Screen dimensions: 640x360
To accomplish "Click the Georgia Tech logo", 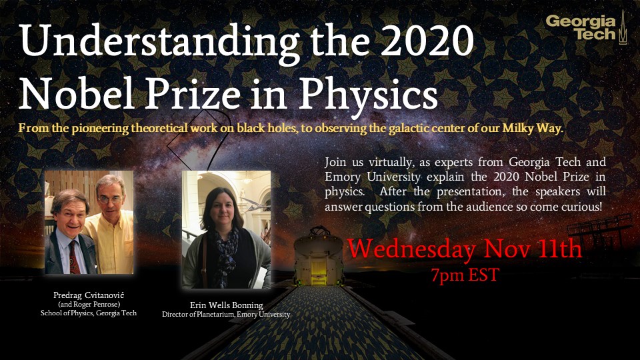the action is (x=586, y=27).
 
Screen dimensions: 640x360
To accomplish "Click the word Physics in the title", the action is (x=368, y=94).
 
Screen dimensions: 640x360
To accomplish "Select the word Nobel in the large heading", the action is (x=77, y=93).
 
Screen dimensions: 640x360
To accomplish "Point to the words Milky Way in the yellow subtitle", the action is (x=533, y=128).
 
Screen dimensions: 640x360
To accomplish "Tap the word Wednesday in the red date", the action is (x=411, y=249).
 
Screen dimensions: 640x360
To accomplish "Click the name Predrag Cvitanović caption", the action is (x=89, y=295).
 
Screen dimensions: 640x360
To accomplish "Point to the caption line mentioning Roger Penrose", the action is (x=89, y=305).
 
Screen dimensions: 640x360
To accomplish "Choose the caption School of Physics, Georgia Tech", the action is (x=89, y=313).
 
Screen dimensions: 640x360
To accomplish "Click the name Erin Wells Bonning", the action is (x=227, y=305).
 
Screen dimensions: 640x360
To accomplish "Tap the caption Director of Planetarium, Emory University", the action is (x=226, y=314).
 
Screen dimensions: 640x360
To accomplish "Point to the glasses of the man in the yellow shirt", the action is (x=110, y=199).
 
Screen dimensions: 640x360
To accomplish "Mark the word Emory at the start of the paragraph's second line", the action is (x=343, y=177).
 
